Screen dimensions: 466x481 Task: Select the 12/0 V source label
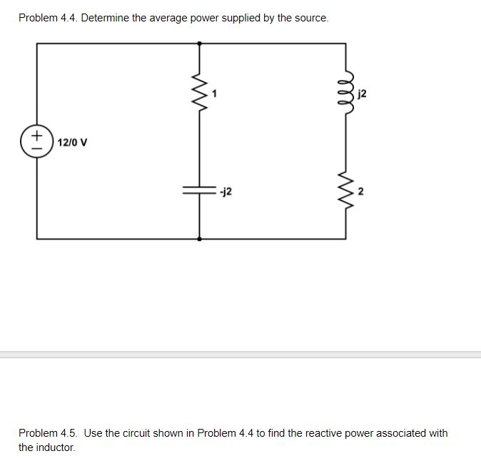pos(73,142)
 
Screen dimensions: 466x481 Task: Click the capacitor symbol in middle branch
pos(199,191)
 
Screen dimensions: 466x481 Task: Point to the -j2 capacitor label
pos(226,191)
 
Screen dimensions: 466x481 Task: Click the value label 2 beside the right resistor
pos(360,191)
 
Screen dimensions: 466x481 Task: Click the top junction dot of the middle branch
pos(199,43)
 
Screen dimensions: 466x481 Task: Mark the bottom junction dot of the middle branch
pos(199,238)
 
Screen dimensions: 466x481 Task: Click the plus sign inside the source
pos(36,135)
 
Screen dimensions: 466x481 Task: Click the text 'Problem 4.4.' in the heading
pos(48,18)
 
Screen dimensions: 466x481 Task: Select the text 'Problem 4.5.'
pos(49,433)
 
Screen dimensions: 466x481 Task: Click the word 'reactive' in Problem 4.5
pos(308,433)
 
